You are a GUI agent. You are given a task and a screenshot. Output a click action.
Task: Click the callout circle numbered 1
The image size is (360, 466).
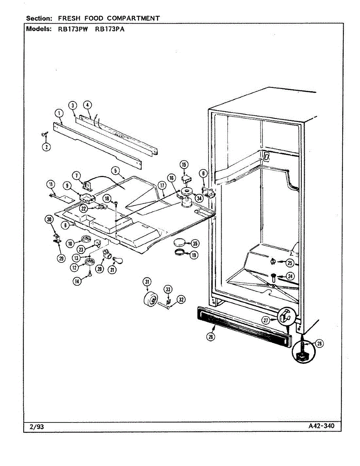click(x=59, y=113)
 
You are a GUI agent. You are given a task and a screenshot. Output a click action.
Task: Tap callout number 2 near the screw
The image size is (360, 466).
click(x=46, y=147)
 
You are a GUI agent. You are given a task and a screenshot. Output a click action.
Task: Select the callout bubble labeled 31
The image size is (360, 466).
click(x=147, y=282)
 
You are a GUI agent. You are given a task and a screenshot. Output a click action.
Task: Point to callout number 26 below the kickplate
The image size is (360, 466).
click(x=210, y=337)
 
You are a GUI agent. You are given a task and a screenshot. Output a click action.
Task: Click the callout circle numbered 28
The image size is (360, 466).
click(x=319, y=343)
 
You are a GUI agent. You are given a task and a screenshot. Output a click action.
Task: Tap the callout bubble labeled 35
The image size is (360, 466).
click(x=195, y=243)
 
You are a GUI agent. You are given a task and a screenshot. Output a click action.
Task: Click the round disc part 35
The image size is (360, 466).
click(x=179, y=243)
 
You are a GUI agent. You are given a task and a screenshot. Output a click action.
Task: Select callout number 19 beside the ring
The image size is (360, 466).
click(x=193, y=255)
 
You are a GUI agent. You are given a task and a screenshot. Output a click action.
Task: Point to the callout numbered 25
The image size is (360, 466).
click(x=289, y=263)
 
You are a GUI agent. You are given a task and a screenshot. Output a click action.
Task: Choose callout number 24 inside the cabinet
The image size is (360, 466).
click(x=289, y=276)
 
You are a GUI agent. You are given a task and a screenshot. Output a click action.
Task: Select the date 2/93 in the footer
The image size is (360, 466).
click(x=37, y=427)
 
